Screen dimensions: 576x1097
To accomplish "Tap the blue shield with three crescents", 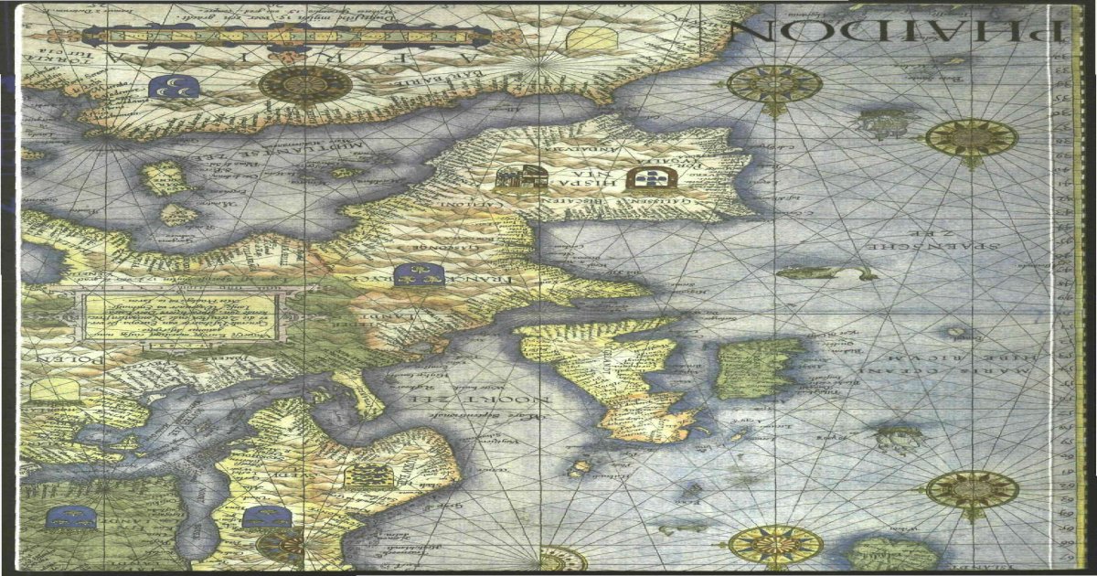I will coord(170,89).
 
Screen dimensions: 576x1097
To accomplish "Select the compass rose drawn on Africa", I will coord(305,85).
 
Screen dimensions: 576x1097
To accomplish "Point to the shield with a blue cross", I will coord(652,179).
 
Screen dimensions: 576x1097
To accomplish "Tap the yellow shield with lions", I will coord(370,475).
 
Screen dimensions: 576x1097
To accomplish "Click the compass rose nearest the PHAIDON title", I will coord(774,86).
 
